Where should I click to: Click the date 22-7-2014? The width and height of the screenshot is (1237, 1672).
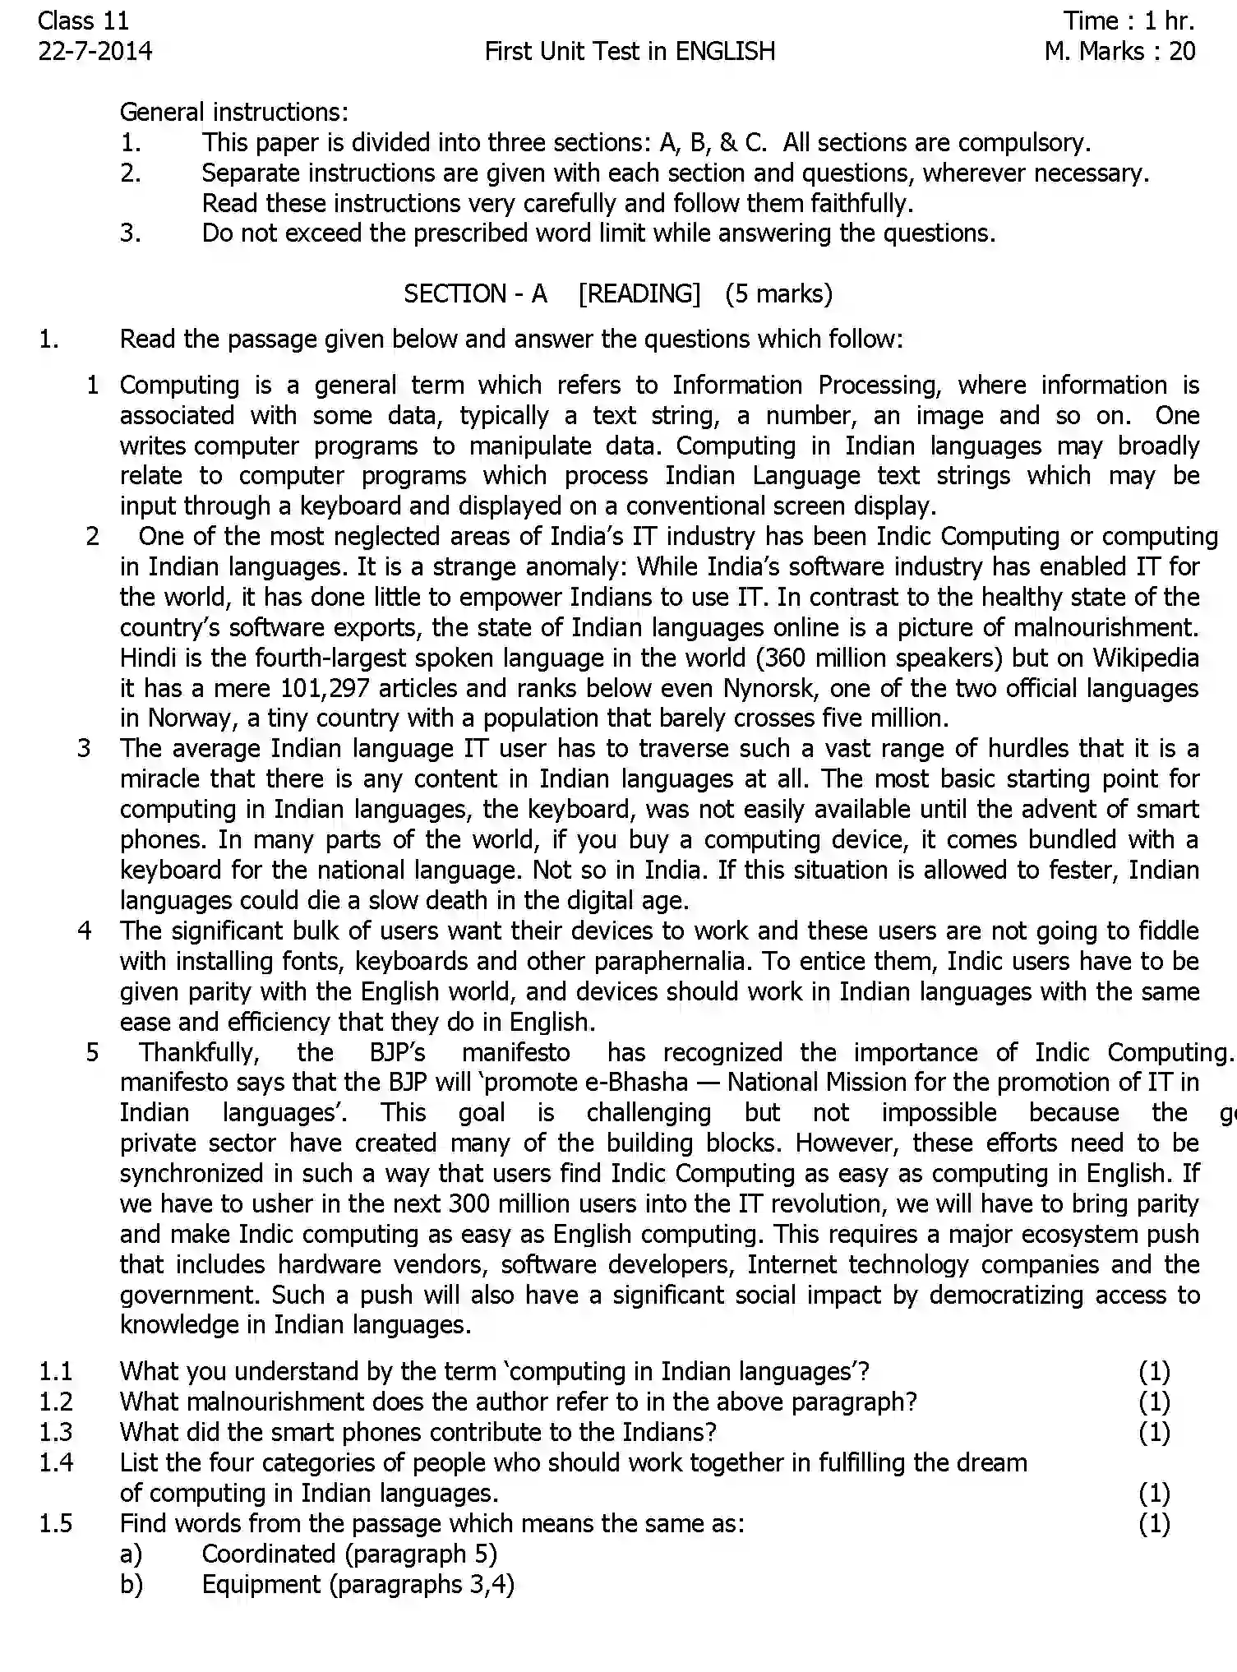click(x=95, y=52)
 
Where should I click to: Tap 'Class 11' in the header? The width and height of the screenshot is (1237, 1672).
click(x=83, y=21)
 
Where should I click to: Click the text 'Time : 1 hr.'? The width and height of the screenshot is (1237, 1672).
click(x=1129, y=21)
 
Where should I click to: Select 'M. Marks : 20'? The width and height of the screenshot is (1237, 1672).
click(x=1119, y=52)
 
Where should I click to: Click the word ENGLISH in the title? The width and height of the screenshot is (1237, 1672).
click(x=725, y=52)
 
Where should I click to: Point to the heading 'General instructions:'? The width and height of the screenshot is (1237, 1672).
click(x=234, y=112)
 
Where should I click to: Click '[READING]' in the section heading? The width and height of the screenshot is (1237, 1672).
click(x=639, y=293)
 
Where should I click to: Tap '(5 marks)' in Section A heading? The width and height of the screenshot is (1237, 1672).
click(x=778, y=293)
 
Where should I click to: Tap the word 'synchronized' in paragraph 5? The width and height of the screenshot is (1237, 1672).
click(x=194, y=1174)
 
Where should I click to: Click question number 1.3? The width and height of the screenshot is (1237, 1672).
click(x=56, y=1432)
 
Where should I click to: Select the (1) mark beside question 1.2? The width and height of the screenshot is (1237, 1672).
click(x=1154, y=1402)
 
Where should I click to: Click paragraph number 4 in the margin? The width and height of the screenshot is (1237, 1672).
click(x=85, y=931)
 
